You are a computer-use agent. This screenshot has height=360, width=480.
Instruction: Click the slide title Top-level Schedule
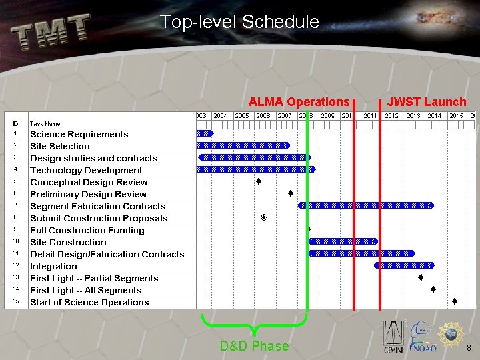point(239,22)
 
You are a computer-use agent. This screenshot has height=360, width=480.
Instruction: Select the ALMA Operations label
point(299,102)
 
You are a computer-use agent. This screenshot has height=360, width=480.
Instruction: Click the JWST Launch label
point(427,102)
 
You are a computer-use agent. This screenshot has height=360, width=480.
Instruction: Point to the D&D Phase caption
point(254,346)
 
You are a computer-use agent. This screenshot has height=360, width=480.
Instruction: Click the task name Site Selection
point(60,146)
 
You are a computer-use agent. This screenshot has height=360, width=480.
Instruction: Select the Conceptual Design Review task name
point(89,182)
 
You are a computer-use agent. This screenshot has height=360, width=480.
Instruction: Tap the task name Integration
point(53,266)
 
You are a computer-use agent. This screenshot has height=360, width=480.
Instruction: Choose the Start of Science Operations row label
point(89,302)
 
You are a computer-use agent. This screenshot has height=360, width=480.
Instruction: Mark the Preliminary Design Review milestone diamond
point(291,194)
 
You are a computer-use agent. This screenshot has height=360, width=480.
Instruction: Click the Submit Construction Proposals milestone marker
point(264,217)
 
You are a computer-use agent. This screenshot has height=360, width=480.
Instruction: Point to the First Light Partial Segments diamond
point(421,277)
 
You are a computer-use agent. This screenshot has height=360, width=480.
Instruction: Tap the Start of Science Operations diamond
point(454,302)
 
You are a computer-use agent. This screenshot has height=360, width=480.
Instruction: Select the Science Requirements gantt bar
point(204,133)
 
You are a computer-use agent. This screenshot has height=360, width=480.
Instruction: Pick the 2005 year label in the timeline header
point(241,115)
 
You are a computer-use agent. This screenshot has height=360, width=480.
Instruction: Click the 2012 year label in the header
point(391,115)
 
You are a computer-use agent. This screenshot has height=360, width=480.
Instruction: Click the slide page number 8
point(469,348)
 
